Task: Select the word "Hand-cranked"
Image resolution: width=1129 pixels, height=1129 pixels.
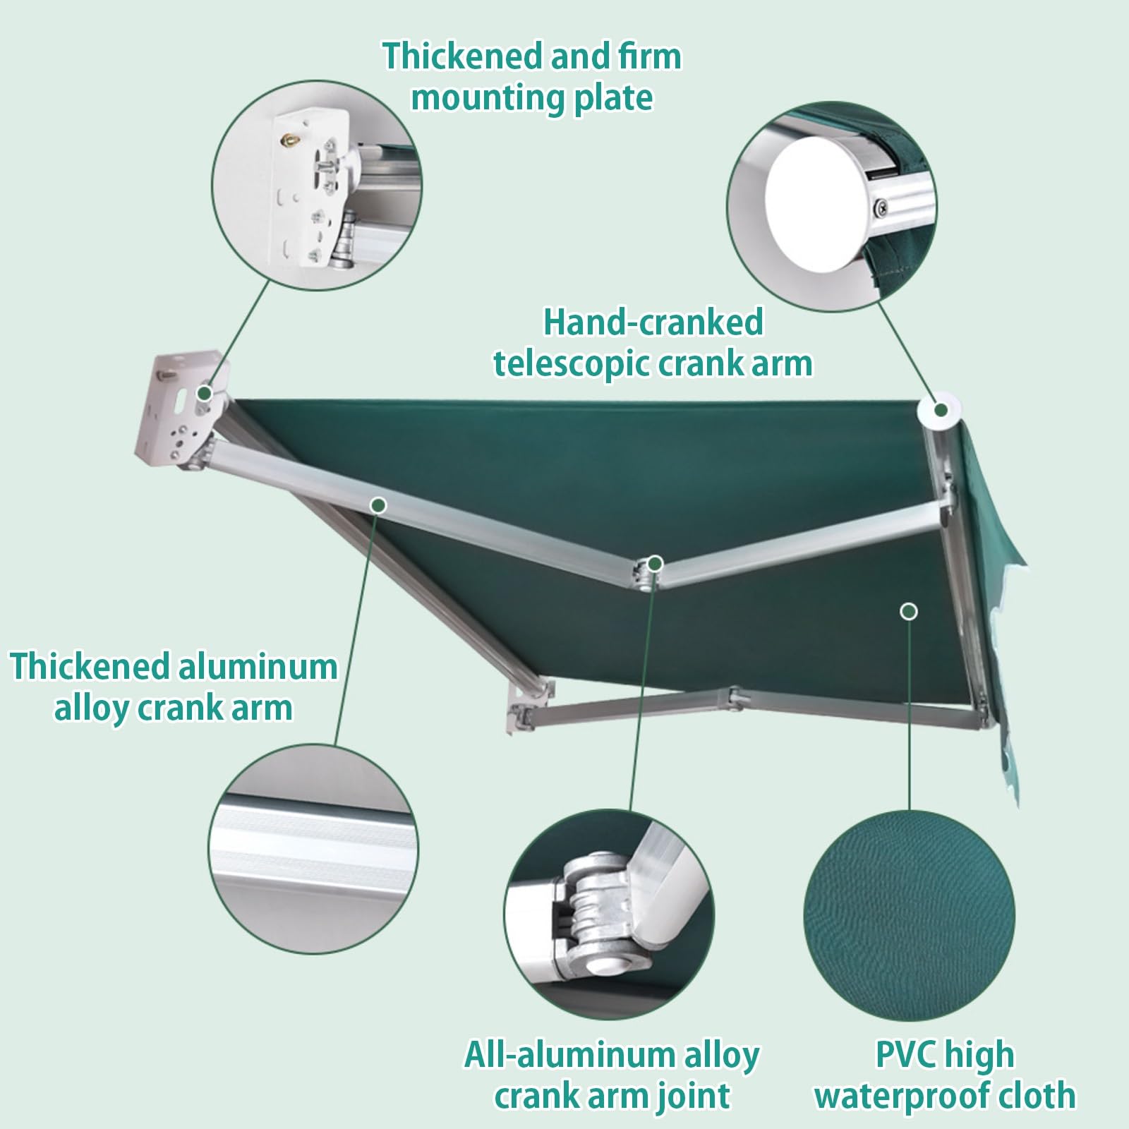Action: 653,322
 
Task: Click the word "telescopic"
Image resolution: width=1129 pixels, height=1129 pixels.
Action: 570,364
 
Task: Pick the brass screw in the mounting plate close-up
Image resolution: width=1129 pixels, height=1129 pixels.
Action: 290,140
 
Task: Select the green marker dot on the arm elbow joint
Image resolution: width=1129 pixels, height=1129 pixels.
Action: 656,562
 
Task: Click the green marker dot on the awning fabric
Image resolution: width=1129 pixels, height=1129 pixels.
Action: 910,611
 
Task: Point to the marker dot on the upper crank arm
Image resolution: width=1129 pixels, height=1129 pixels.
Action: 379,505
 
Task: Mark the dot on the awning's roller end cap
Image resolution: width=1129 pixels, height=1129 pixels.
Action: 941,410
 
